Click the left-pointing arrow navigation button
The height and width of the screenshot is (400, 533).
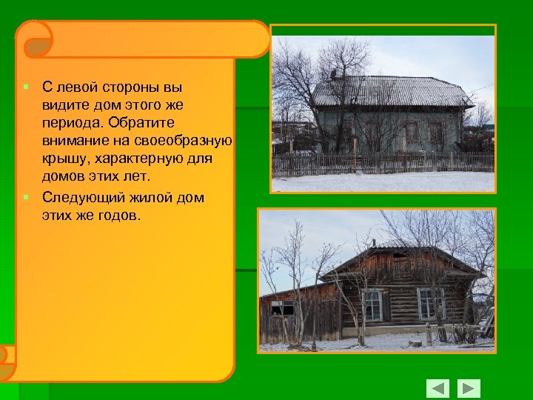[x=438, y=388]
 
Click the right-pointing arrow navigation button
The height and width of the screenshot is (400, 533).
[x=469, y=388]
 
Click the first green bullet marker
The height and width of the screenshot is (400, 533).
[x=26, y=87]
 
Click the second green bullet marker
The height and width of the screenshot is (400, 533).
[x=26, y=198]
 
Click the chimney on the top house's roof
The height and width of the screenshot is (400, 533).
[x=334, y=75]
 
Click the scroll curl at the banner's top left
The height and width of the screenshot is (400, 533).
[x=34, y=40]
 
